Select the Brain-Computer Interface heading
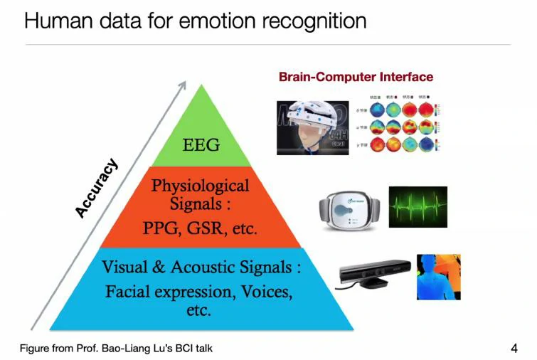[x=356, y=76]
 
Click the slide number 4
[x=514, y=348]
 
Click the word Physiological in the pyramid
[x=200, y=186]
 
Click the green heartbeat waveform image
[x=418, y=207]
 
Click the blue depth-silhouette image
[x=438, y=277]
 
